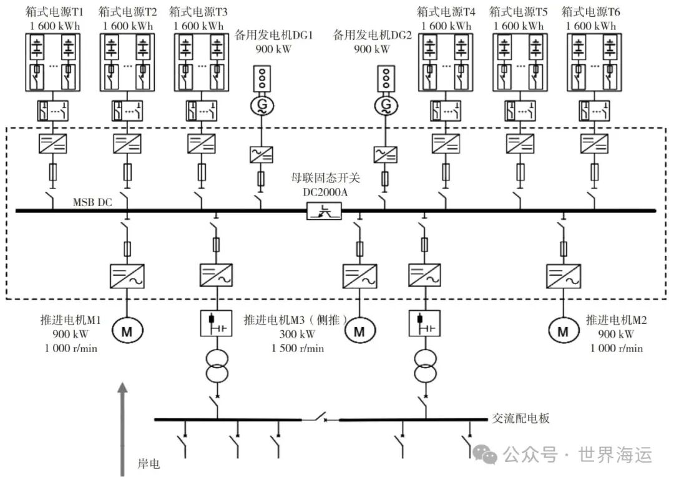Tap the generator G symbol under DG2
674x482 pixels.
click(386, 105)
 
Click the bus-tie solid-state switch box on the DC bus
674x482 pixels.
click(325, 212)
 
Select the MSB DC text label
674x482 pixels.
click(92, 202)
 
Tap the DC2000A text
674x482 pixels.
click(325, 192)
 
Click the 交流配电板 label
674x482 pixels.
click(520, 419)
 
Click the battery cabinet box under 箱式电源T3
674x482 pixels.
click(200, 62)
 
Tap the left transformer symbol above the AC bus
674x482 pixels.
click(216, 365)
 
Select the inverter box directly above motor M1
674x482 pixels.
click(127, 275)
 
